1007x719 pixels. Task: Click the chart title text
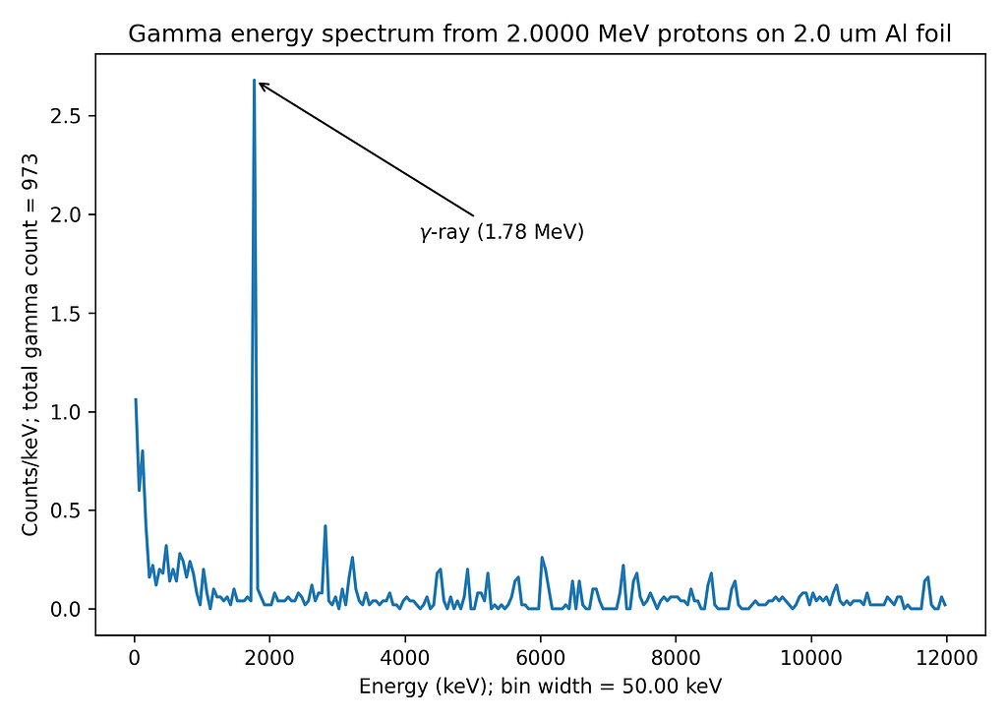540,35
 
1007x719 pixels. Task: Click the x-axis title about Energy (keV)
540,686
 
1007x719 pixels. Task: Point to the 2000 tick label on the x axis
269,659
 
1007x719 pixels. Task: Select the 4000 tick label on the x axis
405,659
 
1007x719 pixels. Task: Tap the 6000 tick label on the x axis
540,659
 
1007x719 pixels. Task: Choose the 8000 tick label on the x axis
676,659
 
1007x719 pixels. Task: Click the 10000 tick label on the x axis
810,659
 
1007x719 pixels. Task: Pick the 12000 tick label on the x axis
946,659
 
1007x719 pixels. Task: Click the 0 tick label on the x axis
135,659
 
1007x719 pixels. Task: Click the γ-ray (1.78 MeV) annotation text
503,233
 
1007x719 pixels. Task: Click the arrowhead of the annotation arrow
261,85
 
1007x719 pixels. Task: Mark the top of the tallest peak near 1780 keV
254,81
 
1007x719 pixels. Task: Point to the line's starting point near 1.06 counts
136,399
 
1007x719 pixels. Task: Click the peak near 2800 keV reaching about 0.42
325,526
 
